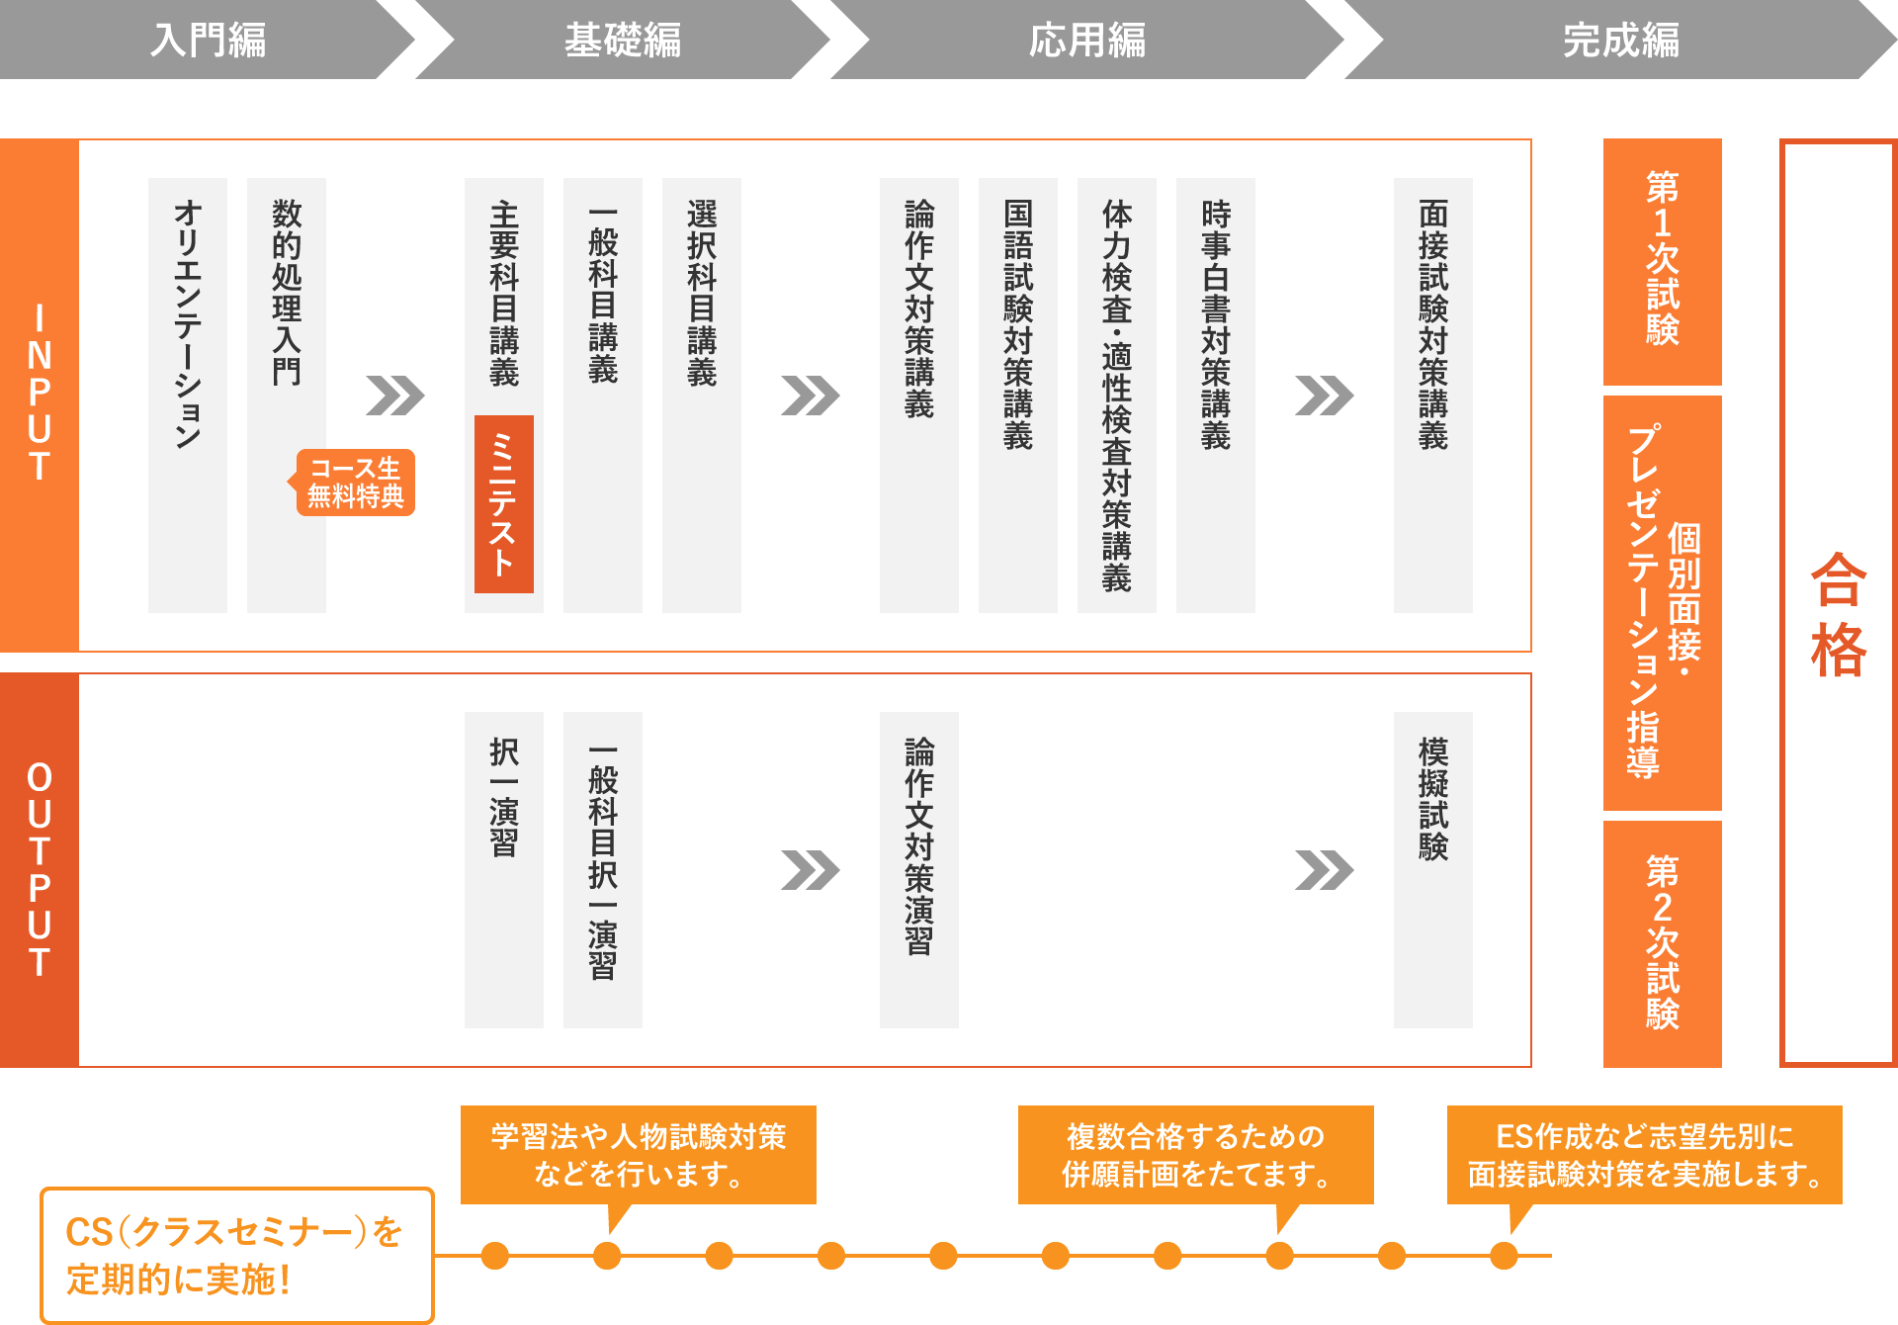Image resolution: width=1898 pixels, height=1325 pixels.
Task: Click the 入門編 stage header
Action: tap(208, 40)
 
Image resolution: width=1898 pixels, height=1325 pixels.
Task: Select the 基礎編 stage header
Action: tap(623, 40)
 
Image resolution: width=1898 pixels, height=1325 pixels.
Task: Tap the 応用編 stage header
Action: tap(1087, 40)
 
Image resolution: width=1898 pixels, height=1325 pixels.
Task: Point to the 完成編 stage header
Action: tap(1621, 40)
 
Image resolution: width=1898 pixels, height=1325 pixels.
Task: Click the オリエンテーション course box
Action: tap(188, 396)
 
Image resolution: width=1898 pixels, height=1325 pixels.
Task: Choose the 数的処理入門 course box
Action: tap(287, 396)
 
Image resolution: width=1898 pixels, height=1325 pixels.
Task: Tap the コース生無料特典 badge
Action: tap(355, 483)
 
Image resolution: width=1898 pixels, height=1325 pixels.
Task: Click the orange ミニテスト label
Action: tap(504, 504)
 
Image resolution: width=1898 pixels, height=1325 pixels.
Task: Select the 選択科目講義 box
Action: tap(702, 396)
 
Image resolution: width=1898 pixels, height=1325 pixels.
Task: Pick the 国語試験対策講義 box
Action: tap(1018, 396)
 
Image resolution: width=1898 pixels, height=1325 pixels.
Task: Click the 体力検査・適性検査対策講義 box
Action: tap(1117, 396)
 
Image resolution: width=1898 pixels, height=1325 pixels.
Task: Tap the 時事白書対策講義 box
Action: tap(1216, 396)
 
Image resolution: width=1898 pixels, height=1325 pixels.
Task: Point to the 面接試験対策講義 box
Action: tap(1433, 396)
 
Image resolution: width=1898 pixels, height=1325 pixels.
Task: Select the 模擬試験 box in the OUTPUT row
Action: tap(1433, 870)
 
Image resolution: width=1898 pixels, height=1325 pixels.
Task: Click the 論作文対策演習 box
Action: tap(919, 870)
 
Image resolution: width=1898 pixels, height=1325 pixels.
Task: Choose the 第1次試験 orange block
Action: tap(1663, 262)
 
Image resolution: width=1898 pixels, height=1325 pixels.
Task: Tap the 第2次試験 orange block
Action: tap(1663, 944)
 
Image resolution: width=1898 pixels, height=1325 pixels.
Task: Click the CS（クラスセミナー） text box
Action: tap(237, 1256)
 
